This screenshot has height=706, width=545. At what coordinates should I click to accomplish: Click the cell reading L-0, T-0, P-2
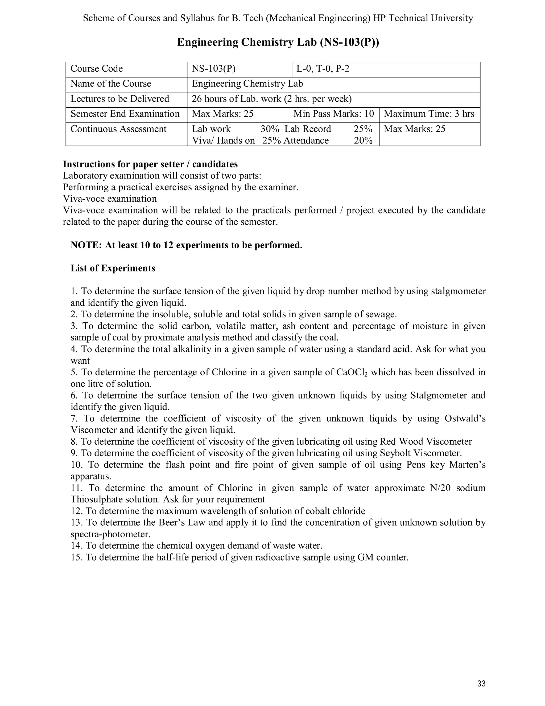tap(323, 68)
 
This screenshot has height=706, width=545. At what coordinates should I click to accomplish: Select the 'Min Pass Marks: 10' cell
tap(333, 114)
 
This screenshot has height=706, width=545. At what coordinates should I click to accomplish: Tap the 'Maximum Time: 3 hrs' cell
tap(429, 114)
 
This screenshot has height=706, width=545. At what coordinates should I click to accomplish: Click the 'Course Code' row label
tap(97, 68)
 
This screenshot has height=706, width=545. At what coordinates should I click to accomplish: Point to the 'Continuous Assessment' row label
tap(118, 129)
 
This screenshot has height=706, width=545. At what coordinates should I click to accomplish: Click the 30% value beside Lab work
tap(270, 129)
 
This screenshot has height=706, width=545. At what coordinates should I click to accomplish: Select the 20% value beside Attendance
tap(363, 140)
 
